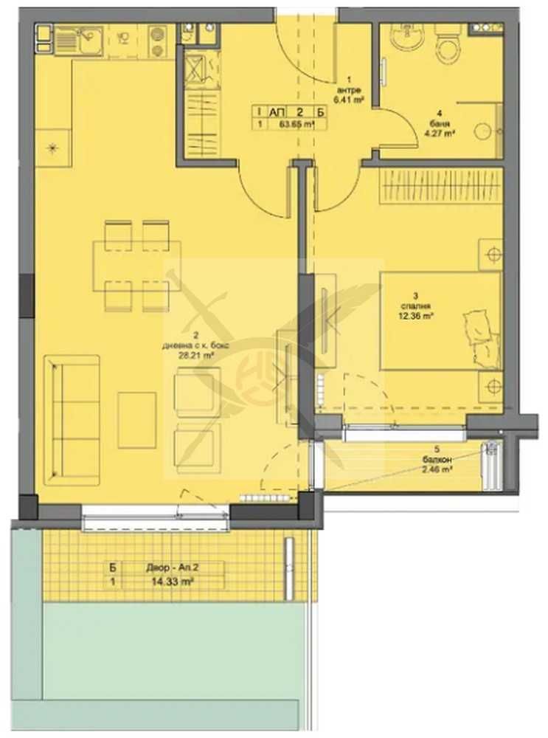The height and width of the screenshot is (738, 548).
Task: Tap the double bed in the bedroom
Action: click(x=441, y=321)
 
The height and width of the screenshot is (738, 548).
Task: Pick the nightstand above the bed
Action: click(x=490, y=255)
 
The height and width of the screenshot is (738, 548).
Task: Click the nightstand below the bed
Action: click(x=490, y=385)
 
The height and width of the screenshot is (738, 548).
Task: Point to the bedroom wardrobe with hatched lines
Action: click(x=442, y=186)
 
